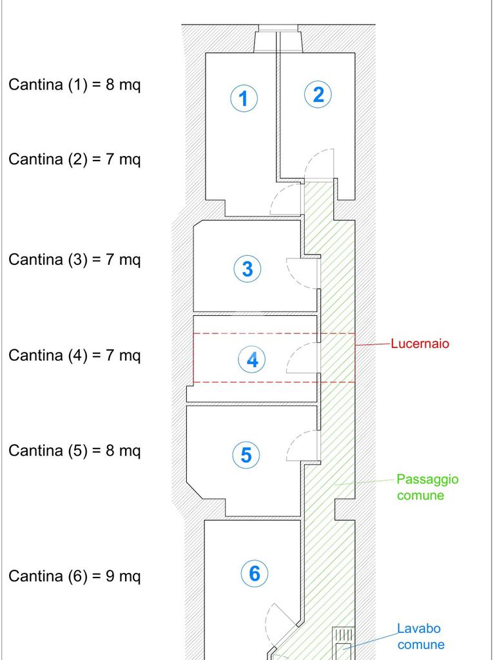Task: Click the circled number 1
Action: coord(244,98)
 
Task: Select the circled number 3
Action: coord(247,269)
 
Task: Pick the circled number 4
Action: coord(252,360)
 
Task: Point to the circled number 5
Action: coord(246,454)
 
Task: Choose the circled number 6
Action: coord(255,573)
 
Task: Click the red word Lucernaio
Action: coord(420,344)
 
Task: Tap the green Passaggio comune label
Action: coord(427,487)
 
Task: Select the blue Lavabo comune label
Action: coord(421,636)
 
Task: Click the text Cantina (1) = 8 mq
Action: coord(75,84)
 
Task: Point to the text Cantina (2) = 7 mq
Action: coord(75,160)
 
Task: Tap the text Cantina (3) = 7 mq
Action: coord(75,259)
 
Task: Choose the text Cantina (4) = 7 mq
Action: coord(75,355)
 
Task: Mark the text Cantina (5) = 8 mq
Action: coord(75,451)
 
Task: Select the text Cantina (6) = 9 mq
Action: coord(75,576)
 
